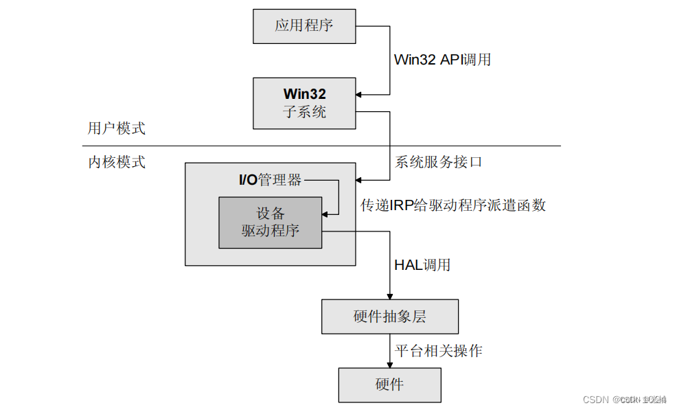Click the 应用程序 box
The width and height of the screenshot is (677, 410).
[304, 26]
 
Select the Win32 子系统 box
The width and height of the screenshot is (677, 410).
[304, 103]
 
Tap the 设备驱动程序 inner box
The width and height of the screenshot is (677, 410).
[270, 222]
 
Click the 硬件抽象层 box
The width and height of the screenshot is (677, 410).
[389, 317]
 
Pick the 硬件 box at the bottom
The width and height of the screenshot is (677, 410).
[389, 385]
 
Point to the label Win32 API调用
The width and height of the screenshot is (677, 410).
[442, 60]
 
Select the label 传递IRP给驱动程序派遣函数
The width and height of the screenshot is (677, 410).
[453, 205]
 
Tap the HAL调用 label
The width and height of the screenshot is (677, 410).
[422, 265]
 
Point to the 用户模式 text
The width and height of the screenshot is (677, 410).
[117, 128]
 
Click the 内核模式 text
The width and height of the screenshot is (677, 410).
[117, 163]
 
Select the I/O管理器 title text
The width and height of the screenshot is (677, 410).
[270, 180]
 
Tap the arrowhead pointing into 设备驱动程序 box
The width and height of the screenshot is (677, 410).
[325, 214]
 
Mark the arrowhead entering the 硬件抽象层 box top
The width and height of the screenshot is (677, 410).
[389, 295]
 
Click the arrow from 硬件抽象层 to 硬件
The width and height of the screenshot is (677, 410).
[389, 352]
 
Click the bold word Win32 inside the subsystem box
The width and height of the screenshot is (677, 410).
[304, 94]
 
